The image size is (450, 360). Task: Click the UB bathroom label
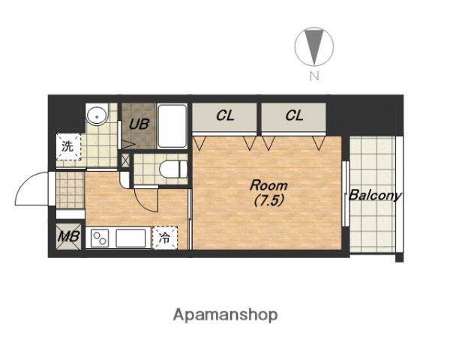139,124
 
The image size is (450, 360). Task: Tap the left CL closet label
225,115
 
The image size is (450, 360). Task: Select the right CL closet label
295,115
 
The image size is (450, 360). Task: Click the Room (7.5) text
268,193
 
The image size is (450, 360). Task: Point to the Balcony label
375,196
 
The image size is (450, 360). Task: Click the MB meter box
68,236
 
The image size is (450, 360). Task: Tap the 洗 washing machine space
68,147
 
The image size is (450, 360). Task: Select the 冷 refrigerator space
165,238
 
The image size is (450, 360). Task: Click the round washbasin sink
97,115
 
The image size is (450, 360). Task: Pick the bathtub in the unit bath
172,126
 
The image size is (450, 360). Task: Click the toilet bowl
173,169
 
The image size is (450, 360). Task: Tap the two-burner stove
100,238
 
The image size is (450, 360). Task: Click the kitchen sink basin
130,238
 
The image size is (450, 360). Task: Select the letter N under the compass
314,76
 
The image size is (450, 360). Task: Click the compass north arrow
314,46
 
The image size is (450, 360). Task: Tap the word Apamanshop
226,315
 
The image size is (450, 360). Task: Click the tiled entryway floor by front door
70,190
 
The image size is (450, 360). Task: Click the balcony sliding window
346,194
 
